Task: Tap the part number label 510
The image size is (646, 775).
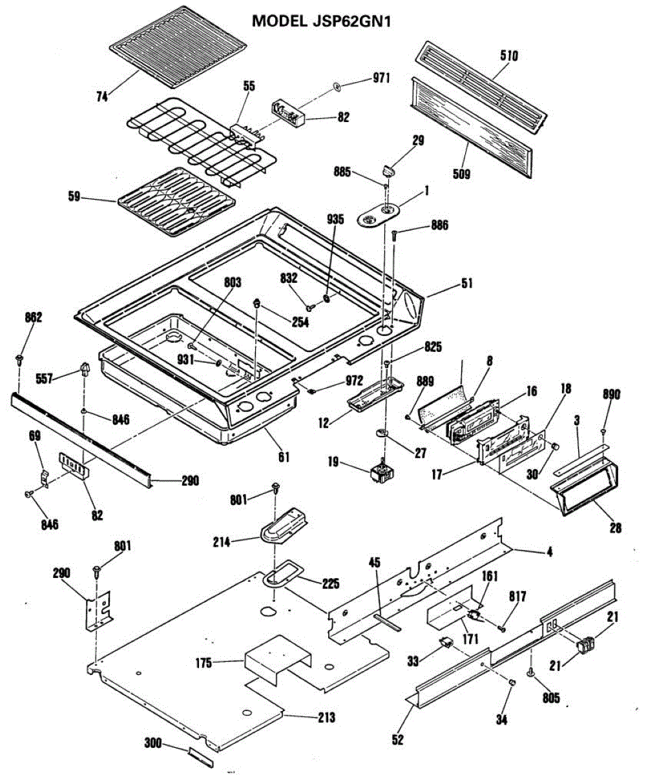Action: tap(508, 56)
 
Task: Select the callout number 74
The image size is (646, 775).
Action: tap(102, 97)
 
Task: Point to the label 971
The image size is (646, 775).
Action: tap(381, 78)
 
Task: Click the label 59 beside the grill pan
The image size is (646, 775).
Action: tap(74, 196)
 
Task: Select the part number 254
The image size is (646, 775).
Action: tap(300, 322)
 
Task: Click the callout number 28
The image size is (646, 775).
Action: tap(615, 528)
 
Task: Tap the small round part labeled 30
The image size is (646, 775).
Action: tap(556, 446)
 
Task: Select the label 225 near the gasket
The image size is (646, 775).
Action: tap(330, 583)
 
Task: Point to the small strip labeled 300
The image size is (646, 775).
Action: tap(201, 756)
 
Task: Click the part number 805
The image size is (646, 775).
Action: tap(551, 697)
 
